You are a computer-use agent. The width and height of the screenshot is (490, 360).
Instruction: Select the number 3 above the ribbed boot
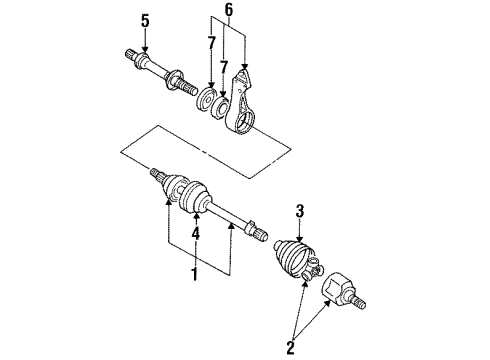(x=299, y=210)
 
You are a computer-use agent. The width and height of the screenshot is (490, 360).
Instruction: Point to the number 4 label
(x=197, y=235)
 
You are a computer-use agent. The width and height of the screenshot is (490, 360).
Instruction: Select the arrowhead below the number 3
(x=299, y=238)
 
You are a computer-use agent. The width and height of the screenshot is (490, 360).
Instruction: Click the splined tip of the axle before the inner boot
(x=158, y=176)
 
